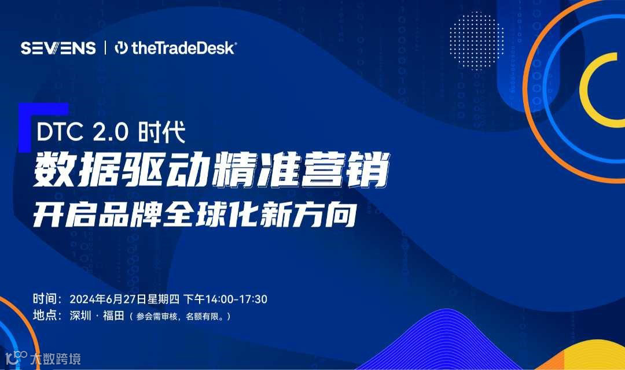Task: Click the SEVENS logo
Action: click(58, 48)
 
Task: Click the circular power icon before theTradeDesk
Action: click(122, 48)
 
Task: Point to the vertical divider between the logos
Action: click(105, 48)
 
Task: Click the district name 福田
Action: click(112, 316)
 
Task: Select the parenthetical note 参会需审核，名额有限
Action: click(180, 317)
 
